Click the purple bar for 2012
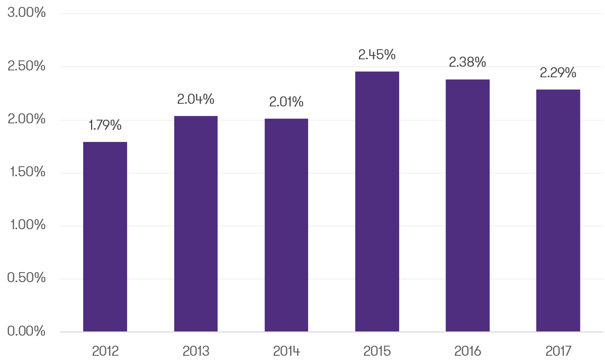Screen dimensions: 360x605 pyautogui.click(x=105, y=237)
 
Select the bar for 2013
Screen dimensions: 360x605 pyautogui.click(x=196, y=224)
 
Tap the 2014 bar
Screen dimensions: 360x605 pyautogui.click(x=286, y=225)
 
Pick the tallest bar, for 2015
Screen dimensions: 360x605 pyautogui.click(x=377, y=202)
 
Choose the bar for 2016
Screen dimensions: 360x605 pyautogui.click(x=467, y=205)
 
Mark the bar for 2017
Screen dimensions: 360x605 pyautogui.click(x=558, y=210)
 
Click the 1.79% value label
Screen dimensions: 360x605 pyautogui.click(x=105, y=125)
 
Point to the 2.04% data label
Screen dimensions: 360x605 pyautogui.click(x=196, y=99)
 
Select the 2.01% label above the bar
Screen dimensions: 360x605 pyautogui.click(x=286, y=102)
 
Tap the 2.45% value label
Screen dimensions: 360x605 pyautogui.click(x=377, y=55)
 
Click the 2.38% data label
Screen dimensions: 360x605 pyautogui.click(x=467, y=62)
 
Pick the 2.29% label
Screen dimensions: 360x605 pyautogui.click(x=558, y=73)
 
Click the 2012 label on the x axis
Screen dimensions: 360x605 pyautogui.click(x=105, y=350)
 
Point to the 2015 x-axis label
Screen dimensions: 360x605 pyautogui.click(x=377, y=350)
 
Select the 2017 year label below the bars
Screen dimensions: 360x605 pyautogui.click(x=558, y=350)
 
